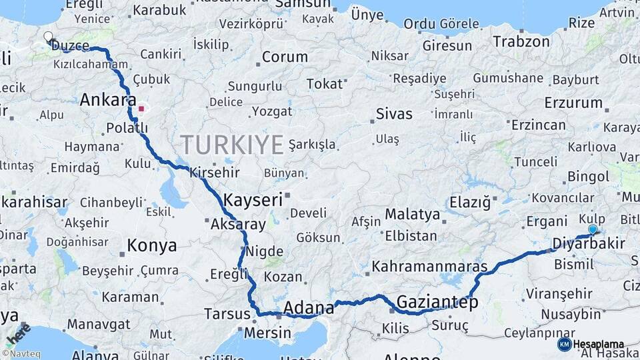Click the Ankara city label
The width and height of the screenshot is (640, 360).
coord(103,100)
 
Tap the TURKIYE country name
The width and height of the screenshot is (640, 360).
coord(232,144)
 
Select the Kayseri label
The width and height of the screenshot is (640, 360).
coord(253,199)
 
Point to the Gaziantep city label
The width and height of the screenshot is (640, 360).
coord(437,303)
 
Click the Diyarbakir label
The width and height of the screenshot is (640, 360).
coord(589,243)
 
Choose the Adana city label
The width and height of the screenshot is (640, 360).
coord(309,308)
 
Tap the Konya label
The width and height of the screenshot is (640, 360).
coord(152,246)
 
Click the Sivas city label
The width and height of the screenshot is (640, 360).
coord(394,113)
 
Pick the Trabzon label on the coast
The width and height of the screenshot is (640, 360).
coord(521,41)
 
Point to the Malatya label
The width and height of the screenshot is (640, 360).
coord(413,215)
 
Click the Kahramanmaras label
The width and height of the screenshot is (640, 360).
coord(430,267)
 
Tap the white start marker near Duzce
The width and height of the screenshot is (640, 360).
coord(48,37)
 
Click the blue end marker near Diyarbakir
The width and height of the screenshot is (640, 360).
coord(593,229)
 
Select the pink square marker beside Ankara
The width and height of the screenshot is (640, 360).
coord(141,108)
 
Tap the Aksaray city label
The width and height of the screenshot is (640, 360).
coord(238,225)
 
